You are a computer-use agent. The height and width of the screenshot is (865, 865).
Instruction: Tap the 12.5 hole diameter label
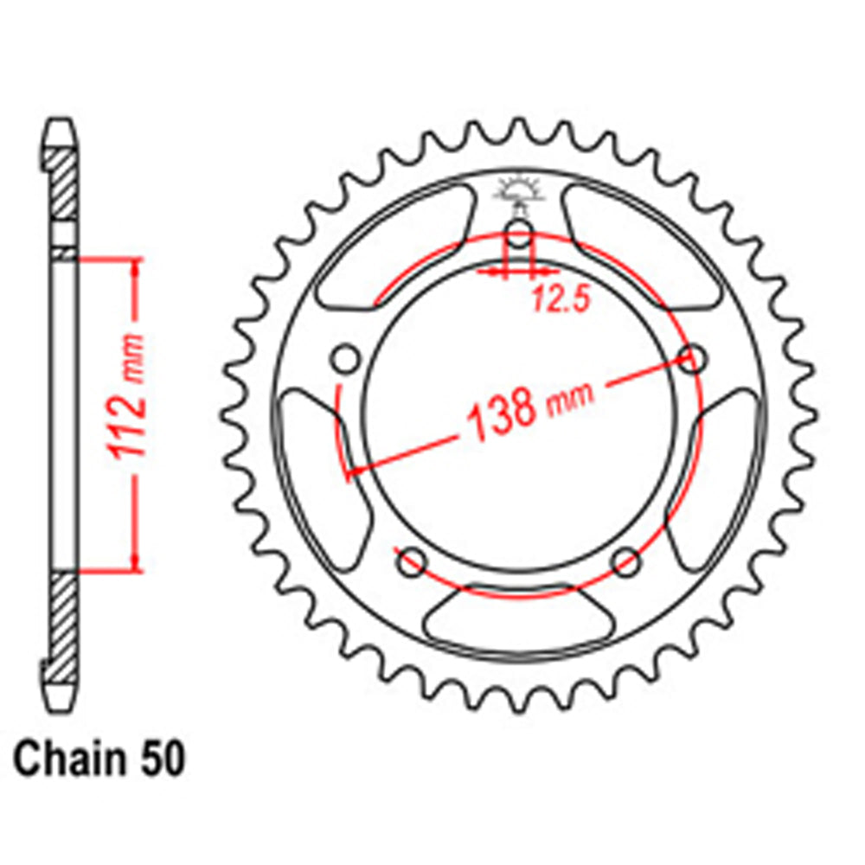coord(560,299)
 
